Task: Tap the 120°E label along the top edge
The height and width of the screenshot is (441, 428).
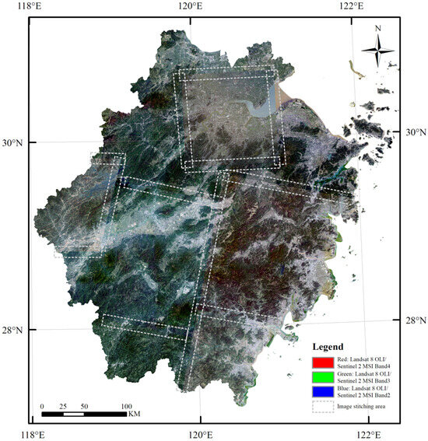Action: [190, 7]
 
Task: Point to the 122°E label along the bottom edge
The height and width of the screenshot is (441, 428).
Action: [367, 433]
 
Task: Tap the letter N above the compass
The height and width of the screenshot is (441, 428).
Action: [377, 30]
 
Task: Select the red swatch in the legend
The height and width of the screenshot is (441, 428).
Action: [322, 362]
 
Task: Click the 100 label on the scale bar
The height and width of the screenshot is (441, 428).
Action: [125, 406]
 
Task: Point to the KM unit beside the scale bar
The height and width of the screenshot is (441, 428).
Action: [135, 414]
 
